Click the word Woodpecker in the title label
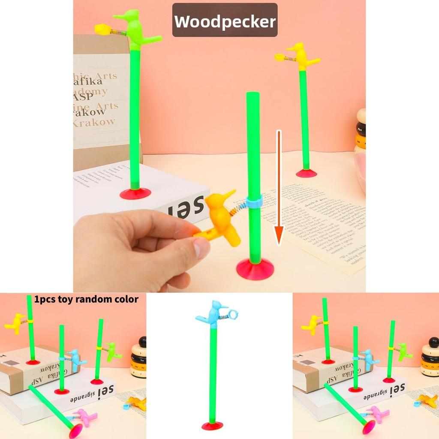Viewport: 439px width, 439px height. [225, 21]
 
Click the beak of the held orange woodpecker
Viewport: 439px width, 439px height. [230, 193]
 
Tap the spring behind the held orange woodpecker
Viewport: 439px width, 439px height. [238, 210]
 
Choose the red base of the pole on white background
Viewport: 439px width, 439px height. [212, 425]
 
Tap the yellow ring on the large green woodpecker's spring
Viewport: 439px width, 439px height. [102, 29]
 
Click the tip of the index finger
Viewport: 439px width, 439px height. [202, 247]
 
